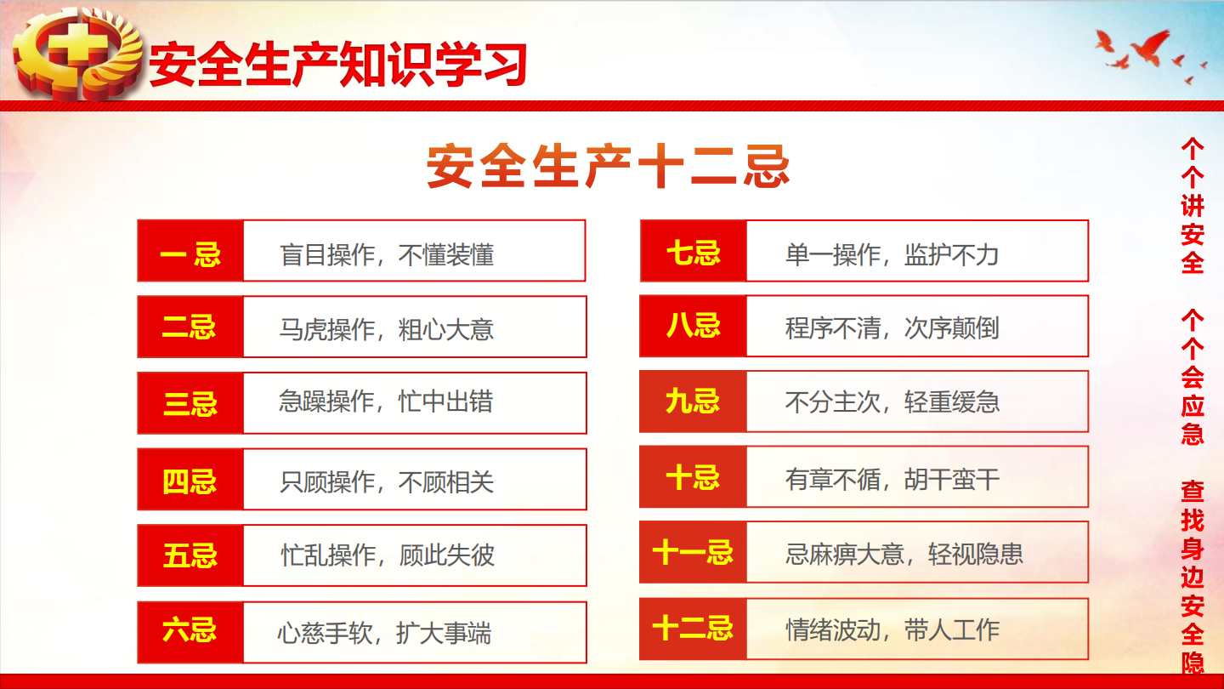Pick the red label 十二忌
click(x=693, y=629)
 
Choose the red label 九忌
click(x=693, y=401)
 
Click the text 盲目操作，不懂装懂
click(x=387, y=255)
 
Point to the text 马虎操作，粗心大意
click(x=387, y=329)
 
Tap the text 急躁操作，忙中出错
click(x=386, y=401)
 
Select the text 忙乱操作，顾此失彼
click(x=388, y=555)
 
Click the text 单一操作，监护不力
click(x=892, y=255)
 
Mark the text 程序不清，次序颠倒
click(x=892, y=328)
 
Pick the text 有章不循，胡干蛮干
click(x=892, y=480)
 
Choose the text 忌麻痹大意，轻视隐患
click(x=904, y=554)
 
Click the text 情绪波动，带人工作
click(x=892, y=630)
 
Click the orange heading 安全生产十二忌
click(x=609, y=166)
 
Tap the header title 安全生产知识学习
click(x=337, y=65)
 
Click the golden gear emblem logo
click(x=77, y=54)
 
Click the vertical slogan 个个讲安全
click(x=1193, y=206)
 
